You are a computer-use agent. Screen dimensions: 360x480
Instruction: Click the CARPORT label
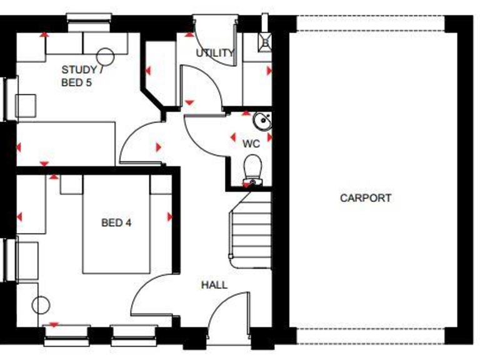tap(366, 198)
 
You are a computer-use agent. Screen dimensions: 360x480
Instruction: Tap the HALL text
tap(214, 285)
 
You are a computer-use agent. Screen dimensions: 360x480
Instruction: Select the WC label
tap(251, 144)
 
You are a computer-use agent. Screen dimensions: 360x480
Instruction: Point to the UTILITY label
tap(215, 53)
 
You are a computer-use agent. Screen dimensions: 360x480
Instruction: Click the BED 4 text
tap(116, 222)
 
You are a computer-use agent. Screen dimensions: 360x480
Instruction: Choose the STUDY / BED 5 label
tap(82, 76)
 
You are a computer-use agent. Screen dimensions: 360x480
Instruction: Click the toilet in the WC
tap(252, 170)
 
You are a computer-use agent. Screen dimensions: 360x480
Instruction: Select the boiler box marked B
tap(265, 42)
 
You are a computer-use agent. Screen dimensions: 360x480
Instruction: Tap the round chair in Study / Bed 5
tap(104, 56)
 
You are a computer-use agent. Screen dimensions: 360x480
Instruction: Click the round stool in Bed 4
tap(41, 306)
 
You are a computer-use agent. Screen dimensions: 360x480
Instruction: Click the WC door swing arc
tap(203, 134)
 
